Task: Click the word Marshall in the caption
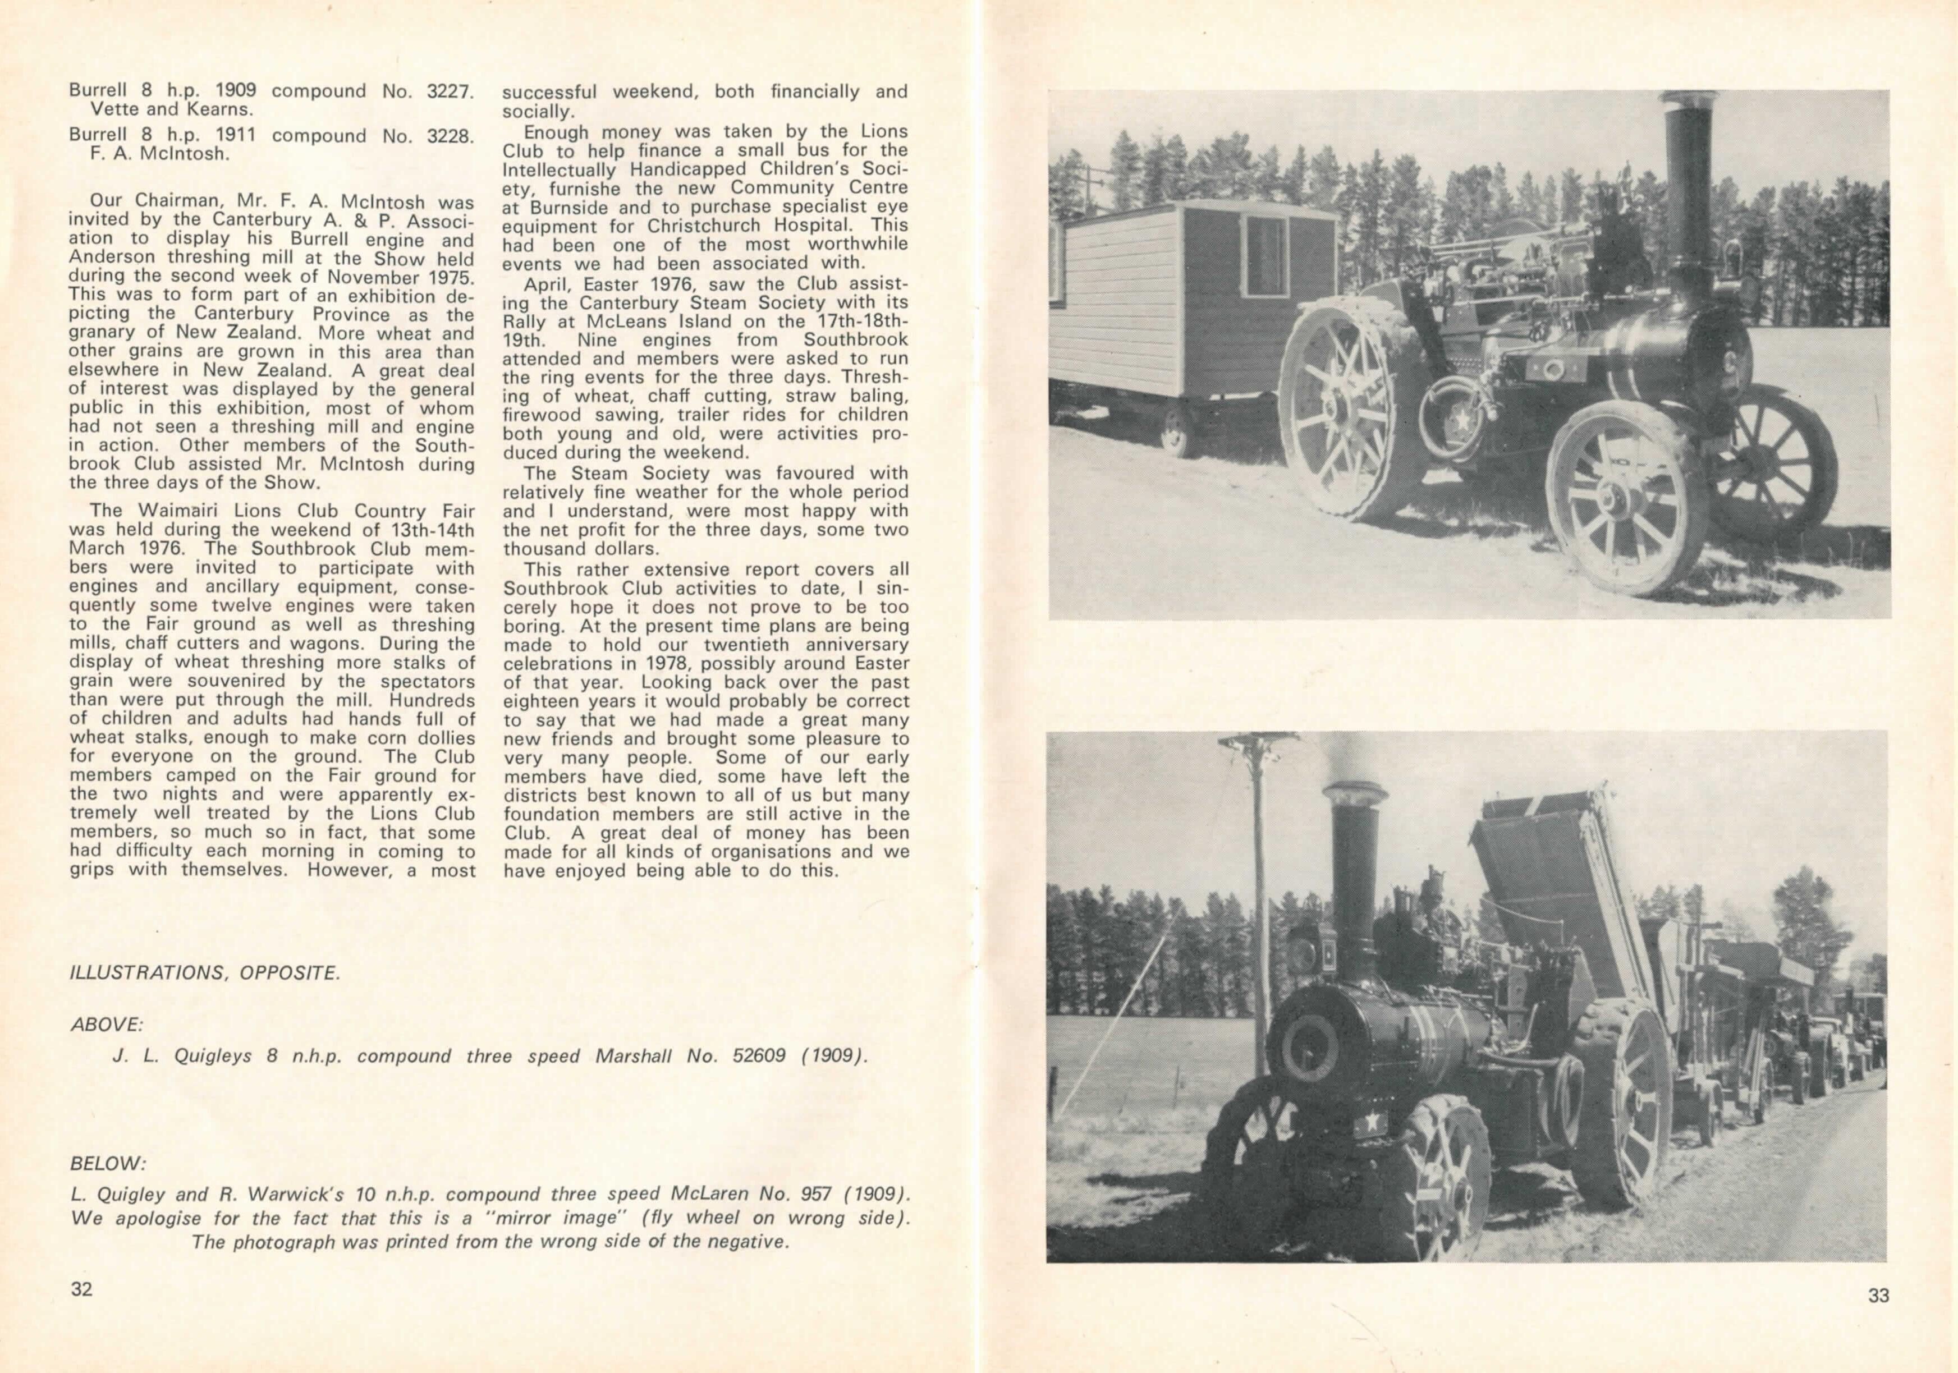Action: pos(635,1056)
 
